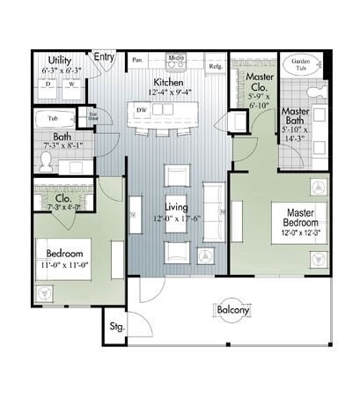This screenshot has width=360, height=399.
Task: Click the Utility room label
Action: pos(60,59)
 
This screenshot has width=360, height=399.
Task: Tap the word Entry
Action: pos(106,58)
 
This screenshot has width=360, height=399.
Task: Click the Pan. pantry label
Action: pos(137,60)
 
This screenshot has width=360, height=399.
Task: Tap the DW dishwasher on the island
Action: pos(141,109)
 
